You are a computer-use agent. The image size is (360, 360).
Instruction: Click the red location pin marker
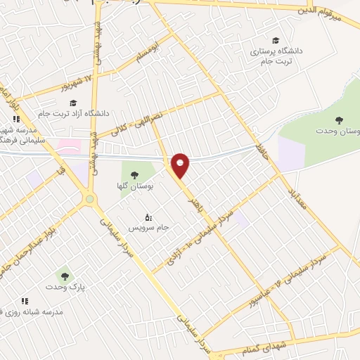(181, 165)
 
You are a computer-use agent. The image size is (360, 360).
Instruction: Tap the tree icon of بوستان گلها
(134, 174)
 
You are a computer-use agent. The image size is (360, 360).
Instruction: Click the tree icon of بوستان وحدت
(340, 120)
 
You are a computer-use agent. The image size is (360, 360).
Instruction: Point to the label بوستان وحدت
(340, 131)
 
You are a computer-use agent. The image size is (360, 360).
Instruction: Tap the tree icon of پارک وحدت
(65, 276)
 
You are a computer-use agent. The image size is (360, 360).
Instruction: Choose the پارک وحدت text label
(65, 287)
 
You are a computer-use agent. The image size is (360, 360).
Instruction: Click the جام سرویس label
(147, 229)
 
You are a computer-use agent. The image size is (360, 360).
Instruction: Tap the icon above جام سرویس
(147, 217)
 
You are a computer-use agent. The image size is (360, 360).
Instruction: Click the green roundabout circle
(89, 200)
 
